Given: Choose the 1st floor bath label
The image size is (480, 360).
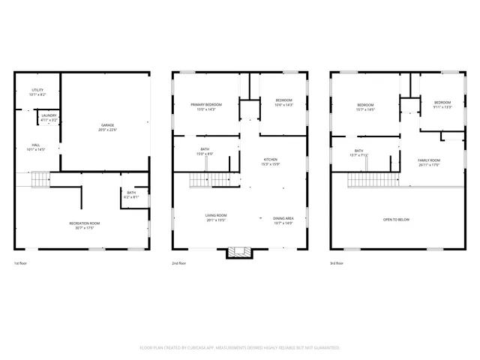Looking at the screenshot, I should click(x=131, y=194).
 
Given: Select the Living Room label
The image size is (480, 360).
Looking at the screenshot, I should click(x=216, y=217).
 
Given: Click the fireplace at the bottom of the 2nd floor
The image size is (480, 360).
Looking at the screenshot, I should click(x=240, y=253).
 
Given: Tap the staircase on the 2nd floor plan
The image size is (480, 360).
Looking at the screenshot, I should click(x=207, y=179).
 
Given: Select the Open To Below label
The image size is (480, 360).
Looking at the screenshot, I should click(x=396, y=219).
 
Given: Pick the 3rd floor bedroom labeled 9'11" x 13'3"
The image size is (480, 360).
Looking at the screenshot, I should click(x=442, y=104).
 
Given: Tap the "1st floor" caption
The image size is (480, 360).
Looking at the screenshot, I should click(x=21, y=264).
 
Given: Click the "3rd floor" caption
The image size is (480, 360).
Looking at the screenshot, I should click(x=338, y=264).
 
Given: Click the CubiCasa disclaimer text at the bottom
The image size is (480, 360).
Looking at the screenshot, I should click(x=240, y=348).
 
